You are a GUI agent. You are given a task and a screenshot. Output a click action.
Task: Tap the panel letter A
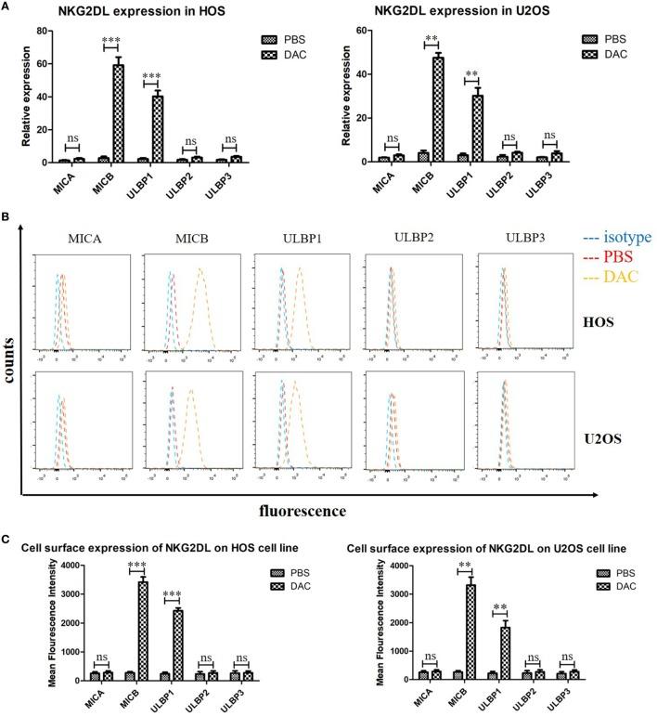tap(6, 7)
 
